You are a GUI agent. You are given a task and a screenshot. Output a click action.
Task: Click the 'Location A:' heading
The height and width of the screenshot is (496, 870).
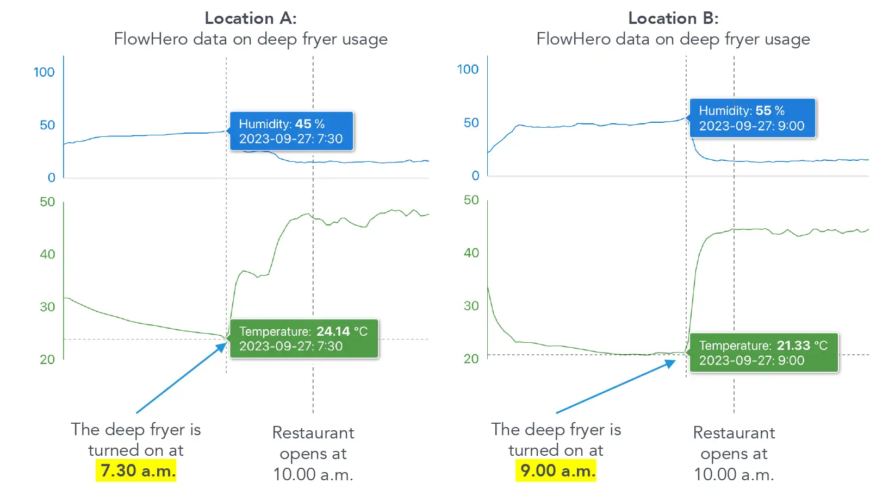pos(251,18)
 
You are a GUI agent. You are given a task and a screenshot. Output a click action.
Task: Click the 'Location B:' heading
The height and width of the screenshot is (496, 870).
pos(673,18)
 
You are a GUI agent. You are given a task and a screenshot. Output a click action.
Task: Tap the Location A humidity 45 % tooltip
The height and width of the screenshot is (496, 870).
pos(291,131)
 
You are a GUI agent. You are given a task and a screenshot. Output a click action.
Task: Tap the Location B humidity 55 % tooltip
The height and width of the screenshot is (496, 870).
pos(752,118)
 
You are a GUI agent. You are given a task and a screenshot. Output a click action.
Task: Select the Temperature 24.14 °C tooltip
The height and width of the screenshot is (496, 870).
pos(303,338)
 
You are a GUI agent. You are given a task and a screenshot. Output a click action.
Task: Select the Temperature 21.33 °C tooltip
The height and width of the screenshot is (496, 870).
pos(763,353)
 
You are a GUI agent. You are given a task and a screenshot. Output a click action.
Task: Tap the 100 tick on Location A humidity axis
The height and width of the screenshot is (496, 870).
pos(44,72)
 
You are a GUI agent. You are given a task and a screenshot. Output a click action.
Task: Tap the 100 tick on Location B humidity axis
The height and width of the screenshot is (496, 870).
pos(468,70)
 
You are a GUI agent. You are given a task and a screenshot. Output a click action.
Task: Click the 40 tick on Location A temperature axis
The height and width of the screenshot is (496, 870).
pos(47,254)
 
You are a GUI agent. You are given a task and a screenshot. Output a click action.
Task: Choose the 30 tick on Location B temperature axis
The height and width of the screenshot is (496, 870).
pos(471,306)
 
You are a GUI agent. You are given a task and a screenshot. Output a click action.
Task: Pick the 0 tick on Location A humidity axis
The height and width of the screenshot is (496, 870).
pos(52,178)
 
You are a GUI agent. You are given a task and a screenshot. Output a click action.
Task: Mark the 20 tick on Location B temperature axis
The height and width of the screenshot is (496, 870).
pos(471,359)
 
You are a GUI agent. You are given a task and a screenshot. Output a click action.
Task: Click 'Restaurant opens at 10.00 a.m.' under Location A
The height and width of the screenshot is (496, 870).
pos(313,454)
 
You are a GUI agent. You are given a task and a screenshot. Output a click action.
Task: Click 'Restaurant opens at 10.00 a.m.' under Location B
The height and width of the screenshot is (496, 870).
pos(734,454)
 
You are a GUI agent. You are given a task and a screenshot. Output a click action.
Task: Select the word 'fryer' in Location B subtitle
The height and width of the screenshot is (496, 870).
pos(743,39)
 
